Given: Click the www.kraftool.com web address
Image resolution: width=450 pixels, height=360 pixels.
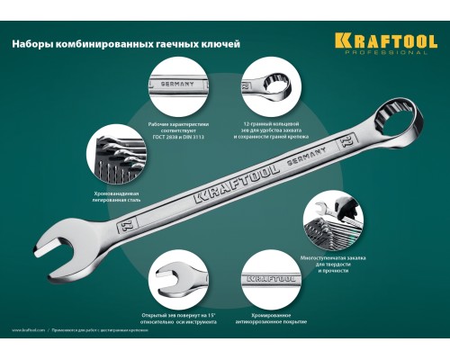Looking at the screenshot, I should pos(29,329).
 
